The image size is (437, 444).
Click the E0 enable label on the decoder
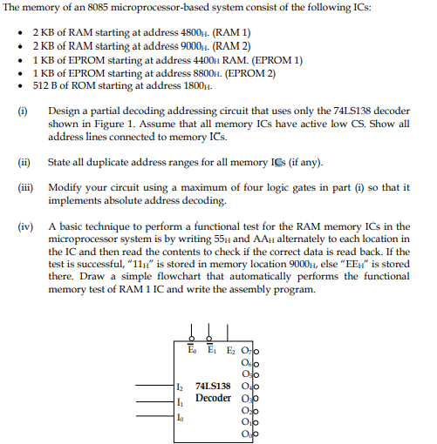click(191, 350)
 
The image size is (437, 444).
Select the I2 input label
click(181, 386)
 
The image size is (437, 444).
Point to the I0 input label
click(181, 417)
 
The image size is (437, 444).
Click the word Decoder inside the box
click(213, 398)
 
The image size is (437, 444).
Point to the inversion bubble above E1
click(209, 339)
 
